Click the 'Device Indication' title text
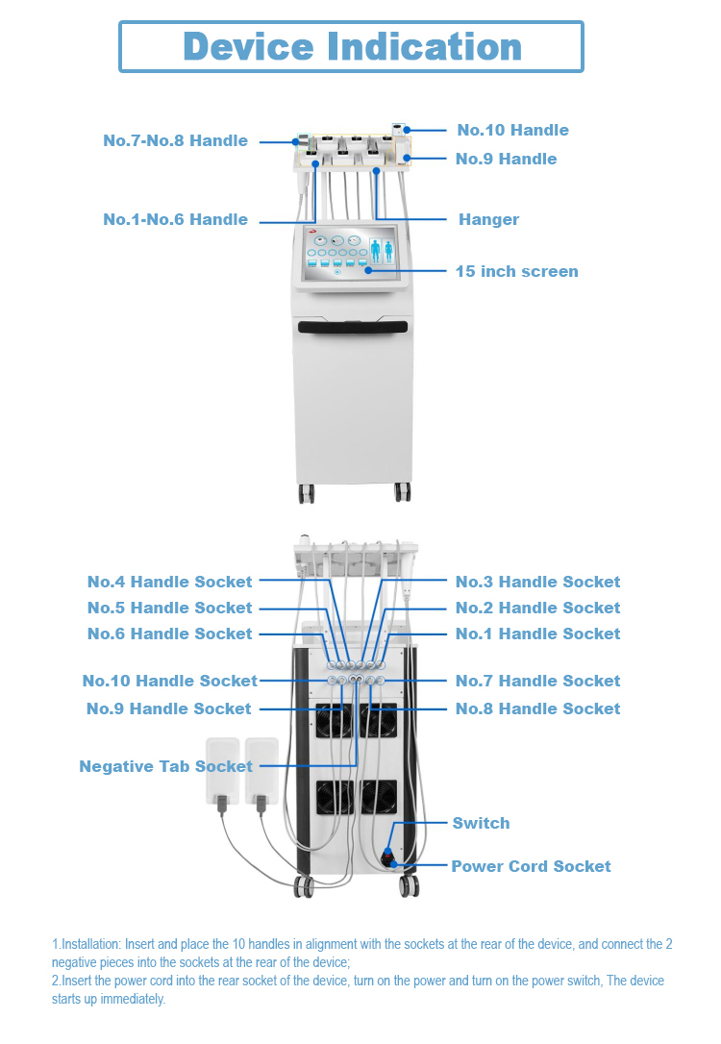pyautogui.click(x=352, y=46)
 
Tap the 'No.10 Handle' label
pyautogui.click(x=512, y=130)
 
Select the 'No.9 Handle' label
pyautogui.click(x=506, y=159)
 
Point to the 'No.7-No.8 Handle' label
pyautogui.click(x=175, y=140)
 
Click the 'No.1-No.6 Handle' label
pyautogui.click(x=175, y=219)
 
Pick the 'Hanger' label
pyautogui.click(x=488, y=220)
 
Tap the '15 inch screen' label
pyautogui.click(x=516, y=271)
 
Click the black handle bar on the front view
pyautogui.click(x=353, y=326)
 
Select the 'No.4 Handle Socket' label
pyautogui.click(x=170, y=582)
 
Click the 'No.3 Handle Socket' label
pyautogui.click(x=538, y=582)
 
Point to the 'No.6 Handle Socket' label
pyautogui.click(x=170, y=634)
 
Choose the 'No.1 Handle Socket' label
pyautogui.click(x=538, y=634)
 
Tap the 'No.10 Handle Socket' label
pyautogui.click(x=170, y=681)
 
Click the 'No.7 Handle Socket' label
pyautogui.click(x=538, y=681)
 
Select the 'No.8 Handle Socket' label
pyautogui.click(x=538, y=708)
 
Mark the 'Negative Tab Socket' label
pyautogui.click(x=165, y=766)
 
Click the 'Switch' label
pyautogui.click(x=482, y=823)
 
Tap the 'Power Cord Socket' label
pyautogui.click(x=531, y=866)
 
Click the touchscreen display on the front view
pyautogui.click(x=350, y=253)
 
